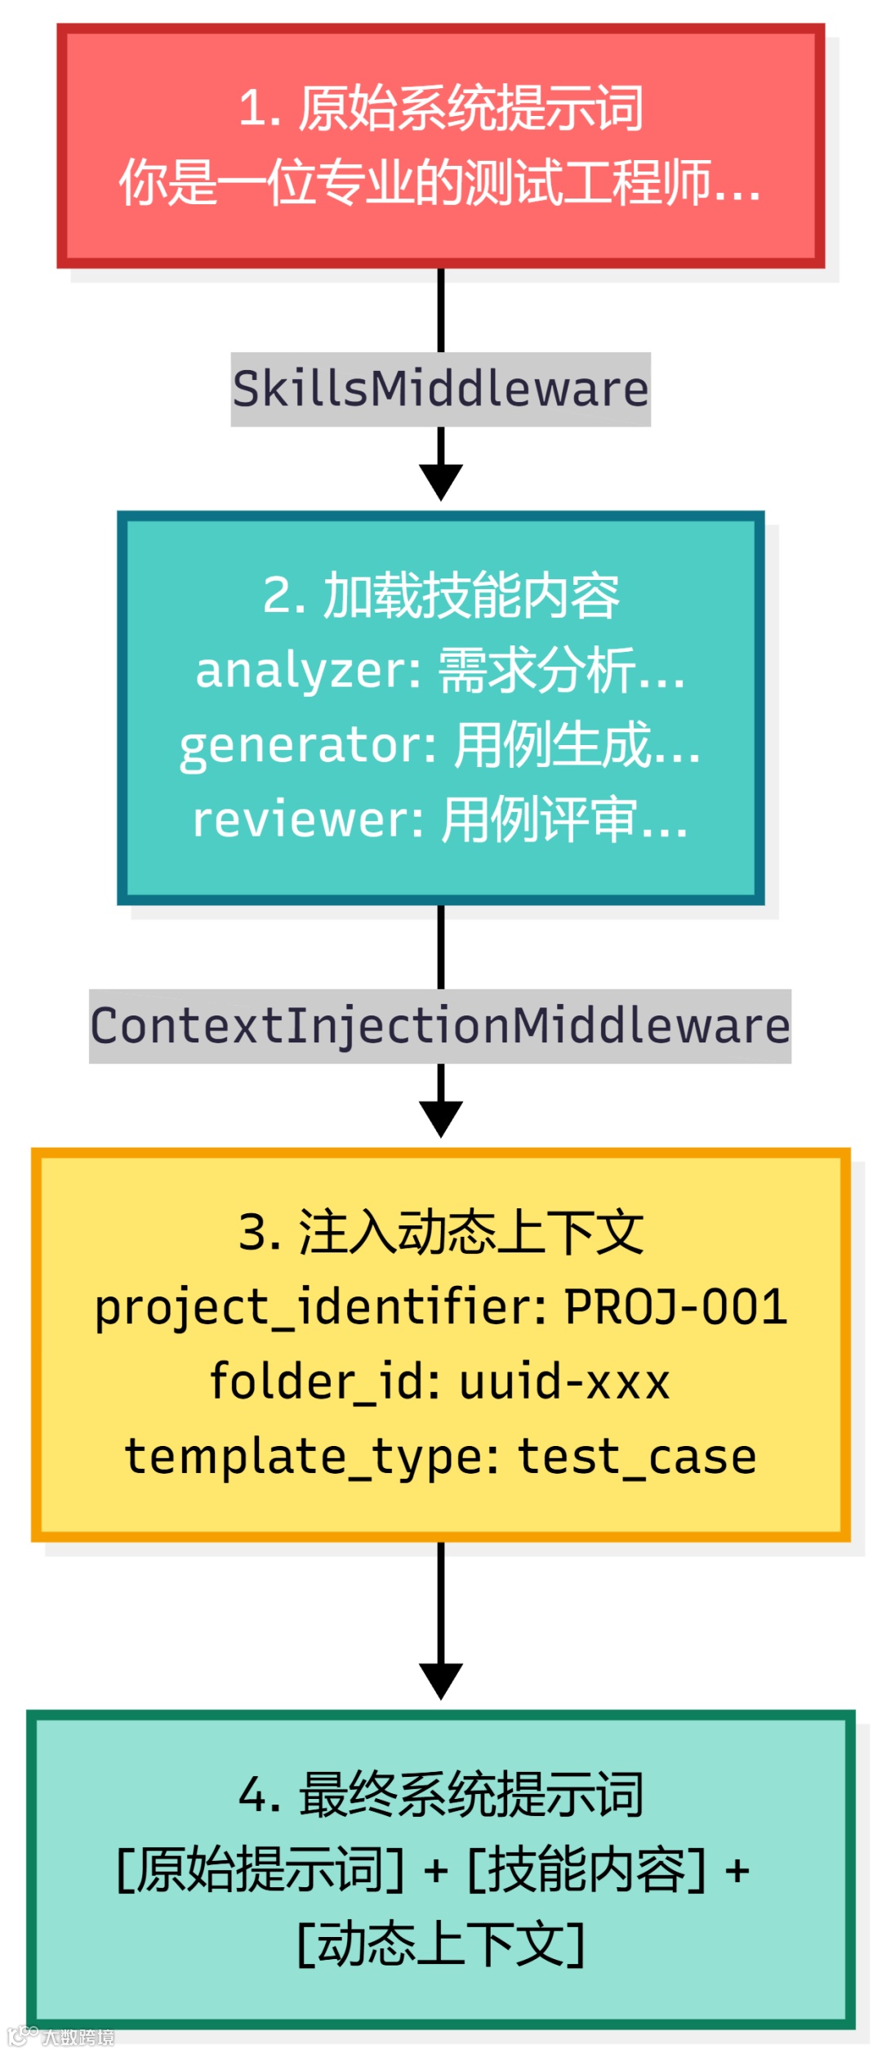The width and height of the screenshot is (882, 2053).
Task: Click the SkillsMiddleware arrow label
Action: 440,389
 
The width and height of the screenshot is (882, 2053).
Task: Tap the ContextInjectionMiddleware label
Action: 440,1026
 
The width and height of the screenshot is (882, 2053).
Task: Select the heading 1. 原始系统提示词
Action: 441,108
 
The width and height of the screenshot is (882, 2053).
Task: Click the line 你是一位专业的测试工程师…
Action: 441,182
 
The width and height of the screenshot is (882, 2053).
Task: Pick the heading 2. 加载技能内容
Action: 441,595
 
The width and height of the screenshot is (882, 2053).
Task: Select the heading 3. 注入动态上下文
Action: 441,1232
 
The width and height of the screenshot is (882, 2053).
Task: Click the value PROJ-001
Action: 676,1307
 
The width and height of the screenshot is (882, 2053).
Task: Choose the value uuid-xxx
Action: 564,1382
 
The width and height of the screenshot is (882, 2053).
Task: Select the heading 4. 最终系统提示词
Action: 441,1795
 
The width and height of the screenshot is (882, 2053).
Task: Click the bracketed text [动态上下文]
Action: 441,1944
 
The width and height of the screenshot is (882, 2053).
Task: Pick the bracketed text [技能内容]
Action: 586,1870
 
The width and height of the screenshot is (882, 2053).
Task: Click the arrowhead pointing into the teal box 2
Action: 441,482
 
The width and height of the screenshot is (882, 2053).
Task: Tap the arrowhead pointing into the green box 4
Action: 441,1680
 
